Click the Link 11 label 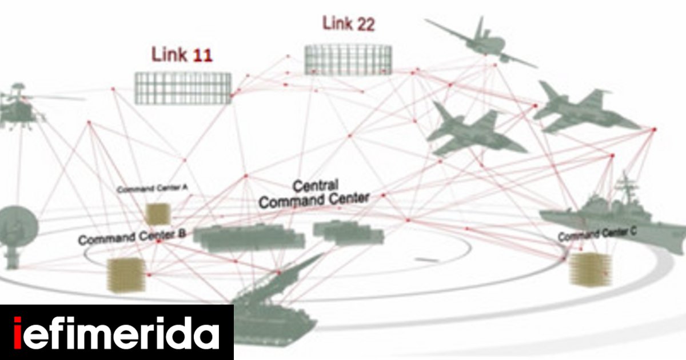click(182, 55)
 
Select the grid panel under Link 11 click(183, 87)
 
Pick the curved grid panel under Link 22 click(348, 59)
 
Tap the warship click(612, 220)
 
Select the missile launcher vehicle click(274, 309)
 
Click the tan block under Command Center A click(155, 214)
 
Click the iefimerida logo click(117, 333)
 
